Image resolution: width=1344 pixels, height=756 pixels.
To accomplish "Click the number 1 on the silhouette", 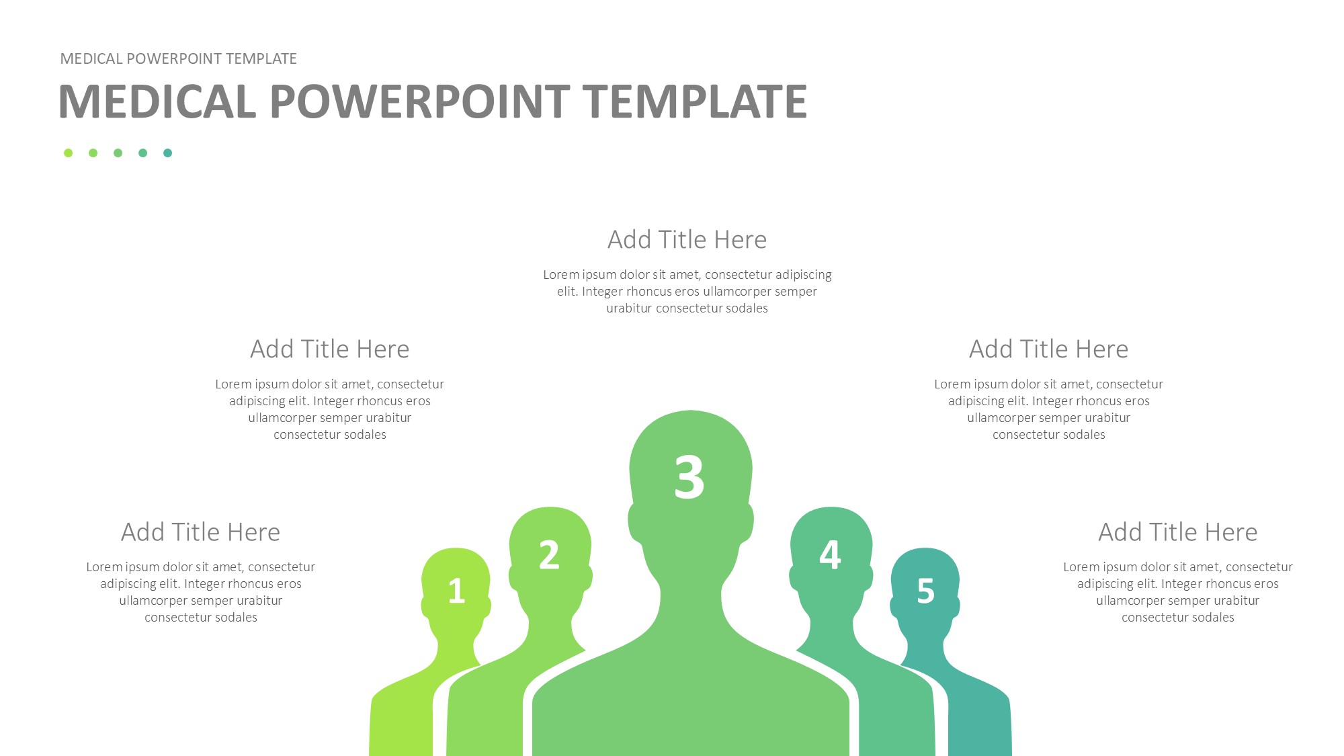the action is coord(457,591).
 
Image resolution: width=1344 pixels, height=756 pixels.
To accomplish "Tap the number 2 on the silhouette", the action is coord(549,555).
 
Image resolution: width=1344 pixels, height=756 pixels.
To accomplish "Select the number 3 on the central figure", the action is coord(689,476).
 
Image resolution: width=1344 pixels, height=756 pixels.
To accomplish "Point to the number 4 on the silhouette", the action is coord(830,555).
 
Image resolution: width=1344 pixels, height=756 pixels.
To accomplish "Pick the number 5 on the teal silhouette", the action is coord(926,591).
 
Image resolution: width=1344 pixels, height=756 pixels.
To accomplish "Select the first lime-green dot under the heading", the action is coord(68,153).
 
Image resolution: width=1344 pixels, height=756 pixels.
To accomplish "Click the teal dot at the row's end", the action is coord(168,153).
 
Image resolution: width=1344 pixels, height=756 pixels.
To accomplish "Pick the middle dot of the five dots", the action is coord(118,153).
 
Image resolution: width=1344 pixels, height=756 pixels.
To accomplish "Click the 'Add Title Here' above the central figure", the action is coord(687,240).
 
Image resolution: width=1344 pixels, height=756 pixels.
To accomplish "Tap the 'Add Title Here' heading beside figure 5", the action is coord(1177,532).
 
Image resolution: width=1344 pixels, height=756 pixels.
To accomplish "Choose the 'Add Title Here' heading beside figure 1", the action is coord(200,532).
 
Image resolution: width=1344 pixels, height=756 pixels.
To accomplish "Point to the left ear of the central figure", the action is coord(634,523).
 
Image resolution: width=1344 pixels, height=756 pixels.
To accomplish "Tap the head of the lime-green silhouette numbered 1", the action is coord(456,585).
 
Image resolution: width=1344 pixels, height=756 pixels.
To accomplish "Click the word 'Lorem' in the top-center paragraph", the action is coord(561,275).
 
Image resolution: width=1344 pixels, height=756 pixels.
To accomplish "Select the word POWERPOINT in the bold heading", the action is coord(419,101).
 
